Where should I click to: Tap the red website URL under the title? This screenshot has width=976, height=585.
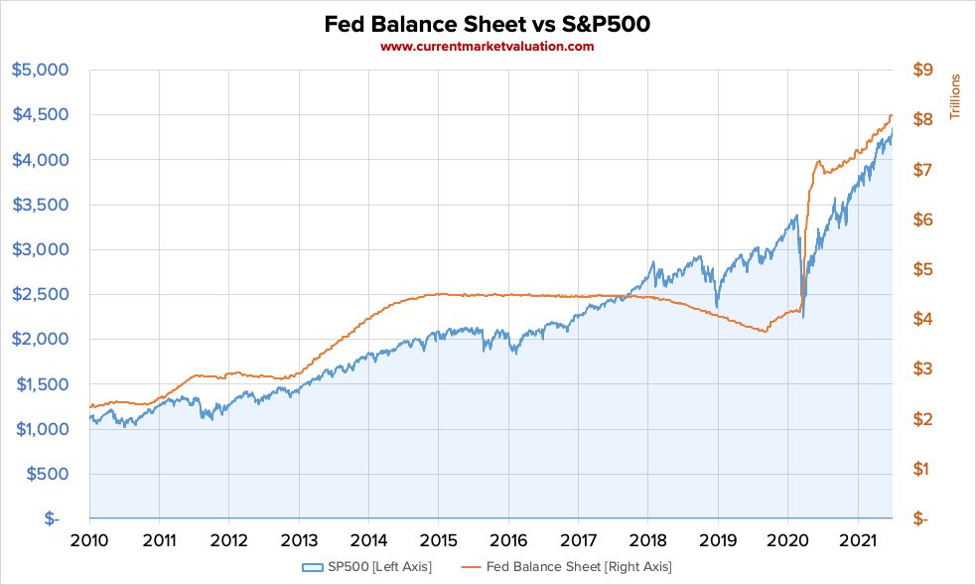(488, 47)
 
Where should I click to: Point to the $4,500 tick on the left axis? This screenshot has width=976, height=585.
(40, 114)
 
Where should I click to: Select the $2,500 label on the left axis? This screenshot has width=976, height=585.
(40, 294)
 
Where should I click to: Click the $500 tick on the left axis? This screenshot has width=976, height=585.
(46, 474)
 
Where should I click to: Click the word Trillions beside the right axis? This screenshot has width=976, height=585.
(956, 96)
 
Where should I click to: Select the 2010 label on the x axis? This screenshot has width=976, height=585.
(89, 540)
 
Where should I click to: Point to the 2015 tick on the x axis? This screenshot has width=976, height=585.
(438, 540)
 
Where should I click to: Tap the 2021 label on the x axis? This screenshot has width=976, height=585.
(857, 540)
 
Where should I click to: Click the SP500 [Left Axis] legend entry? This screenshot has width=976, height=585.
(367, 567)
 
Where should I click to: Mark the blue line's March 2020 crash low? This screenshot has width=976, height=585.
(802, 316)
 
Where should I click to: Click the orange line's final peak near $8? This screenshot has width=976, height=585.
(891, 116)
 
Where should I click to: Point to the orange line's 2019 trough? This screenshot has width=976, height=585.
(764, 332)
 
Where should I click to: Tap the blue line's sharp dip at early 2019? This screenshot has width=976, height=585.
(716, 306)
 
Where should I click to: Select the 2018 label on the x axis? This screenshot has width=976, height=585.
(647, 540)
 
